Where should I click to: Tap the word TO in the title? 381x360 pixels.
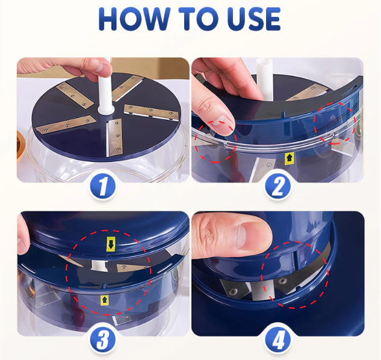point(199,19)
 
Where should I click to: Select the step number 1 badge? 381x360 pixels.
point(102,187)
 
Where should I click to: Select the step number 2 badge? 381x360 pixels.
point(277,187)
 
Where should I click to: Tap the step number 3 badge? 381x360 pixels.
point(103,340)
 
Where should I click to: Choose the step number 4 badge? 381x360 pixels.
point(277,340)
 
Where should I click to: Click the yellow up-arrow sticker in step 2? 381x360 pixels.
point(289,158)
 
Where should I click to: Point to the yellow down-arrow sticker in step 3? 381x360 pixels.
point(111,244)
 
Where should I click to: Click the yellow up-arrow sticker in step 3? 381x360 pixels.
point(105,300)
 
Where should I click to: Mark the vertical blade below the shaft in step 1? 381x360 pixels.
point(114,137)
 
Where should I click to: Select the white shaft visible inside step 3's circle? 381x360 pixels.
point(99,264)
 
